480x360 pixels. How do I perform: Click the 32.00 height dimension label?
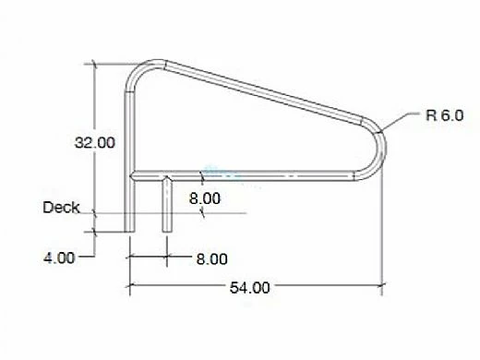pyautogui.click(x=95, y=142)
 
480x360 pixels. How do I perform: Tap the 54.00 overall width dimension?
pyautogui.click(x=250, y=288)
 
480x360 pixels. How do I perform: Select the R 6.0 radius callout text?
pyautogui.click(x=445, y=115)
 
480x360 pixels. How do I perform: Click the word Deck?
pyautogui.click(x=61, y=207)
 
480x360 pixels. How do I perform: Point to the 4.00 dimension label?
pyautogui.click(x=59, y=258)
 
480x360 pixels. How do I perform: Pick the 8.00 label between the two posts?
pyautogui.click(x=212, y=258)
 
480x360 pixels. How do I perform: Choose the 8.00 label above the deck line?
pyautogui.click(x=205, y=198)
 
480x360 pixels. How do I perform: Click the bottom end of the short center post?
pyautogui.click(x=167, y=232)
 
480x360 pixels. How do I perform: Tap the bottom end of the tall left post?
pyautogui.click(x=129, y=232)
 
